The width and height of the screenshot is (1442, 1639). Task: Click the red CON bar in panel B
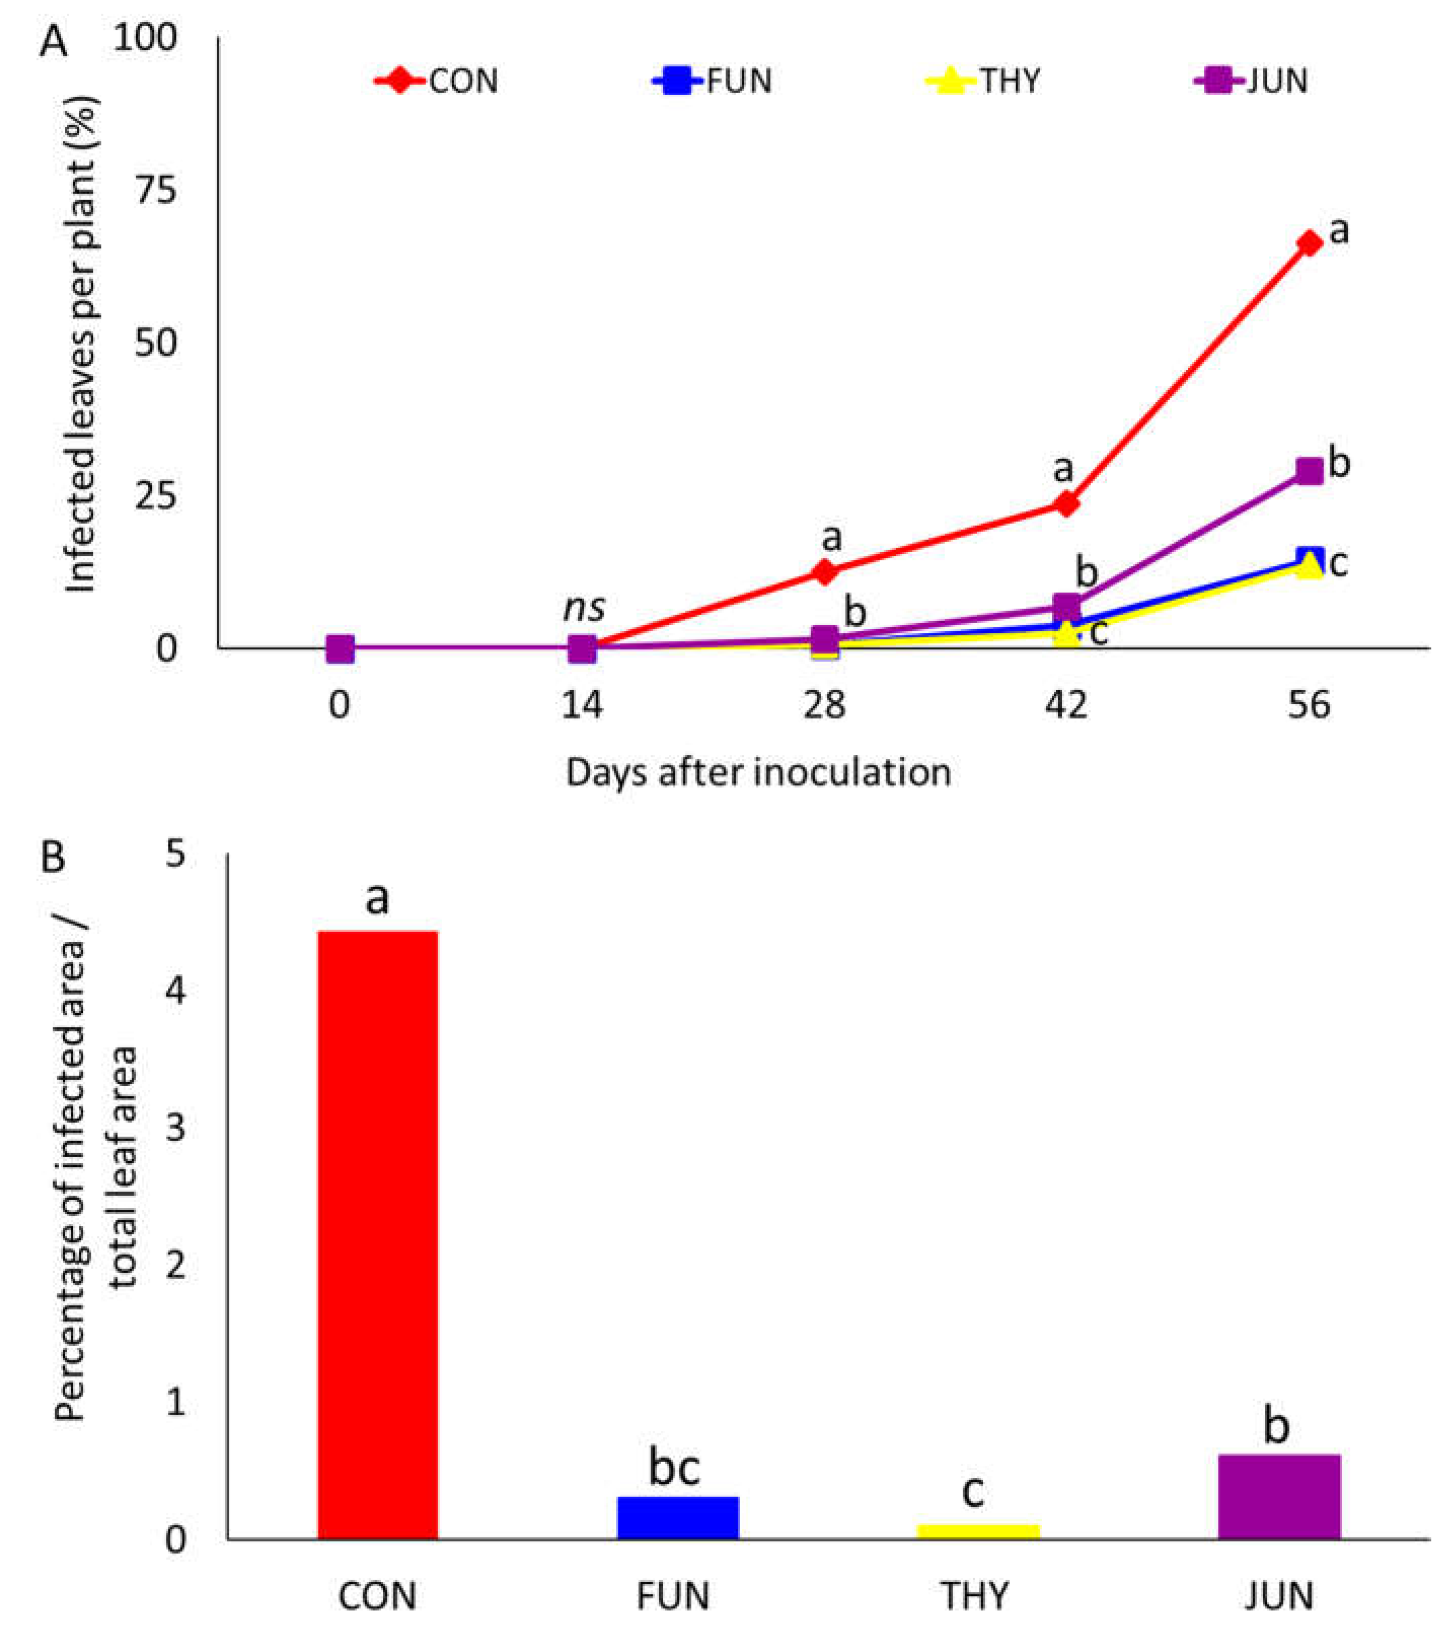(x=378, y=1234)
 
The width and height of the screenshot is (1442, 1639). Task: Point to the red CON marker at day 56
(x=1309, y=243)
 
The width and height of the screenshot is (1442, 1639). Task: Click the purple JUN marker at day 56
(x=1309, y=471)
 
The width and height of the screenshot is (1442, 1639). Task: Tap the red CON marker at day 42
(x=1067, y=504)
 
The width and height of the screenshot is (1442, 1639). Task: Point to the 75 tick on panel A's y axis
(x=156, y=191)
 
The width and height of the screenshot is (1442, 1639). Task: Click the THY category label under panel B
(x=974, y=1596)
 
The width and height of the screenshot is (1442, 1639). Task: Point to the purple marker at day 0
(x=340, y=649)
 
